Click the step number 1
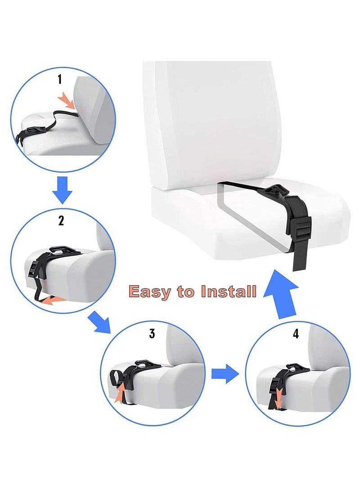59,80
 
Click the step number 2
61,221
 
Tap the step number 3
152,333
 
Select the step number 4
296,333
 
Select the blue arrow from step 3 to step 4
225,373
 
